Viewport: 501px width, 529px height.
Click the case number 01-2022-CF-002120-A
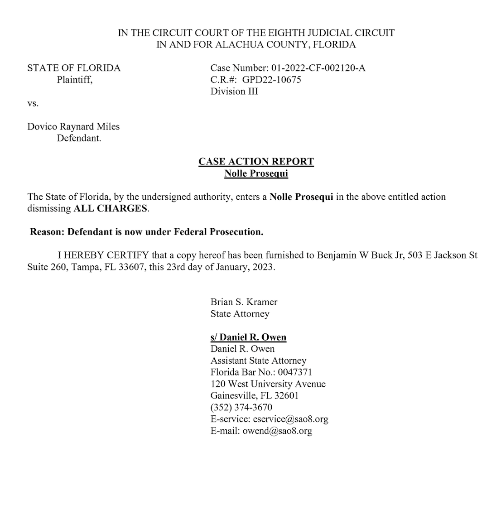point(318,68)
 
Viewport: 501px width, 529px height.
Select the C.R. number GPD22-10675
point(272,80)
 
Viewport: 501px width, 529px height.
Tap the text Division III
point(234,91)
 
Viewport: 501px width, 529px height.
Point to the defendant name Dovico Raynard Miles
point(73,126)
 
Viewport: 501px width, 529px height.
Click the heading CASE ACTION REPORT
point(256,162)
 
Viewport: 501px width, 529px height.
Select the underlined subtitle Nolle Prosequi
point(256,173)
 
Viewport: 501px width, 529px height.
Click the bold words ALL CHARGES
point(111,209)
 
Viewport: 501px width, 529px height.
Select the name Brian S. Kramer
point(244,302)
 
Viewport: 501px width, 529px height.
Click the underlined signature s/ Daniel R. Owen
point(248,337)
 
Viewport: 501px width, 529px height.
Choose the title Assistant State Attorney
point(258,361)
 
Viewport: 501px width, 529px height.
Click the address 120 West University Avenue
point(268,384)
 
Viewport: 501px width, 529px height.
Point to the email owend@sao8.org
point(277,431)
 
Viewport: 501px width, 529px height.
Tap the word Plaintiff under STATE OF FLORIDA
point(74,80)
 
